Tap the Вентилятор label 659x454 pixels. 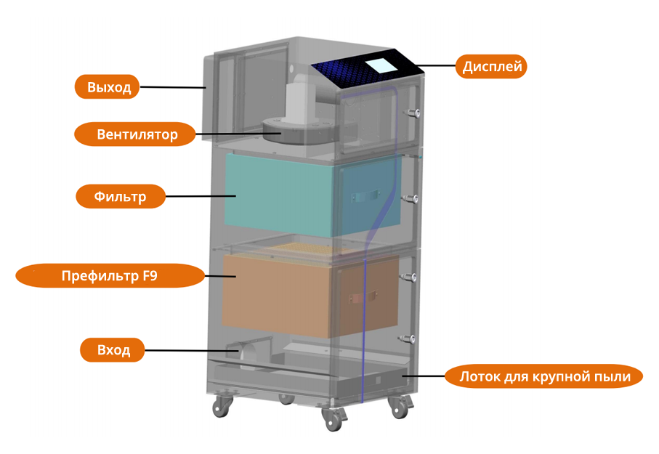pyautogui.click(x=137, y=134)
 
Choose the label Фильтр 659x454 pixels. pyautogui.click(x=120, y=196)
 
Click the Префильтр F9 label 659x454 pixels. pyautogui.click(x=109, y=275)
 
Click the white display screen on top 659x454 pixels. pyautogui.click(x=381, y=64)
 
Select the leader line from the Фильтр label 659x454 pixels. pyautogui.click(x=201, y=196)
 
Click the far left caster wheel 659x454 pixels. pyautogui.click(x=219, y=408)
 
